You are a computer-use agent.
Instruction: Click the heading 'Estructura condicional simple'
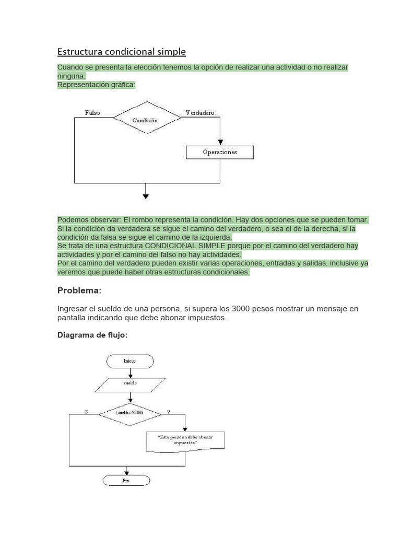coord(121,52)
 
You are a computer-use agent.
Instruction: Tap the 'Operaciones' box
coord(220,152)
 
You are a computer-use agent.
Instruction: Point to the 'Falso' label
coord(92,113)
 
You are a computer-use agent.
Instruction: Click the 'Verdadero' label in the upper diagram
coord(200,113)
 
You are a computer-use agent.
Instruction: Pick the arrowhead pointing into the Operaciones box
coord(220,142)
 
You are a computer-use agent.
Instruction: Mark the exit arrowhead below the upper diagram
coord(146,196)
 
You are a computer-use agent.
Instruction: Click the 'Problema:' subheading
coord(79,290)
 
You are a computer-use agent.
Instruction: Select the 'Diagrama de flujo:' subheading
coord(92,335)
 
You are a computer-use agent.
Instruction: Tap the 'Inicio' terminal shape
coord(129,361)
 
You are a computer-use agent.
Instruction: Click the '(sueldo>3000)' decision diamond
coord(130,413)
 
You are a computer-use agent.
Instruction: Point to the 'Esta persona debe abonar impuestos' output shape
coord(185,439)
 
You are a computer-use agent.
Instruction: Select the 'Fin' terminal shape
coord(126,480)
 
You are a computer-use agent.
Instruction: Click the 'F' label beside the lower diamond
coord(87,412)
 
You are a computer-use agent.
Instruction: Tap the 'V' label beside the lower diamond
coord(168,412)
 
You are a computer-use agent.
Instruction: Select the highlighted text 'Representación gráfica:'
coord(96,85)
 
